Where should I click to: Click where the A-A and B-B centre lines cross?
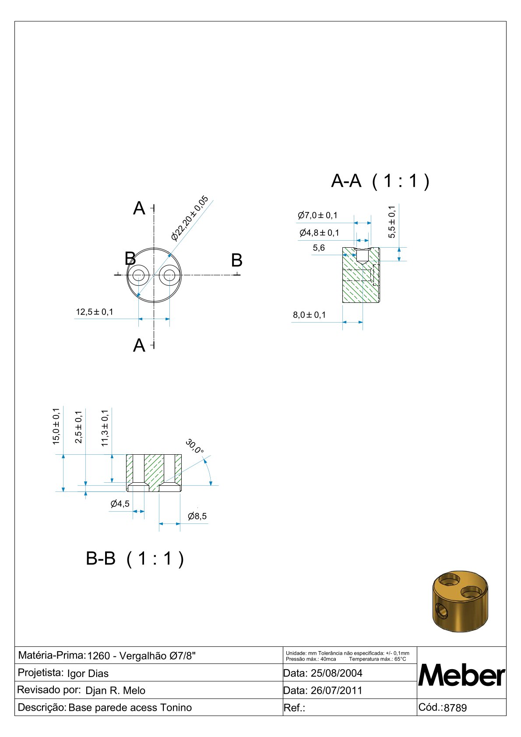pyautogui.click(x=154, y=275)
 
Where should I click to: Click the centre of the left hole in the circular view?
pyautogui.click(x=138, y=275)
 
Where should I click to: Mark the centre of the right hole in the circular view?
pyautogui.click(x=169, y=275)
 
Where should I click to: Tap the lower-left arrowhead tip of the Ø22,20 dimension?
pyautogui.click(x=137, y=297)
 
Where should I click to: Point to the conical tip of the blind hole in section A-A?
pyautogui.click(x=363, y=264)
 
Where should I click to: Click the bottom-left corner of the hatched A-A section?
pyautogui.click(x=343, y=302)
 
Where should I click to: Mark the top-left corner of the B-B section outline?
pyautogui.click(x=127, y=455)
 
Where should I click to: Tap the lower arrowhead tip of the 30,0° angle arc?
pyautogui.click(x=211, y=485)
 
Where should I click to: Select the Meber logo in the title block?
pyautogui.click(x=461, y=676)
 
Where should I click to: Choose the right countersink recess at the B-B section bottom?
pyautogui.click(x=169, y=487)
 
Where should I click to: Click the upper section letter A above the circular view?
pyautogui.click(x=139, y=208)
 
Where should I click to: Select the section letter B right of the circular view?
pyautogui.click(x=236, y=260)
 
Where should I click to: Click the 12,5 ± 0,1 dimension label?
pyautogui.click(x=95, y=312)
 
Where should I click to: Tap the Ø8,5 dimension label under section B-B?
pyautogui.click(x=197, y=516)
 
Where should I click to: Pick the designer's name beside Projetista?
pyautogui.click(x=88, y=674)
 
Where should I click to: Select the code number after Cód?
pyautogui.click(x=455, y=708)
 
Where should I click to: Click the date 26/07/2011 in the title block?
pyautogui.click(x=336, y=690)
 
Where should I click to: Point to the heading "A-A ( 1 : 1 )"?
pyautogui.click(x=380, y=181)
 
